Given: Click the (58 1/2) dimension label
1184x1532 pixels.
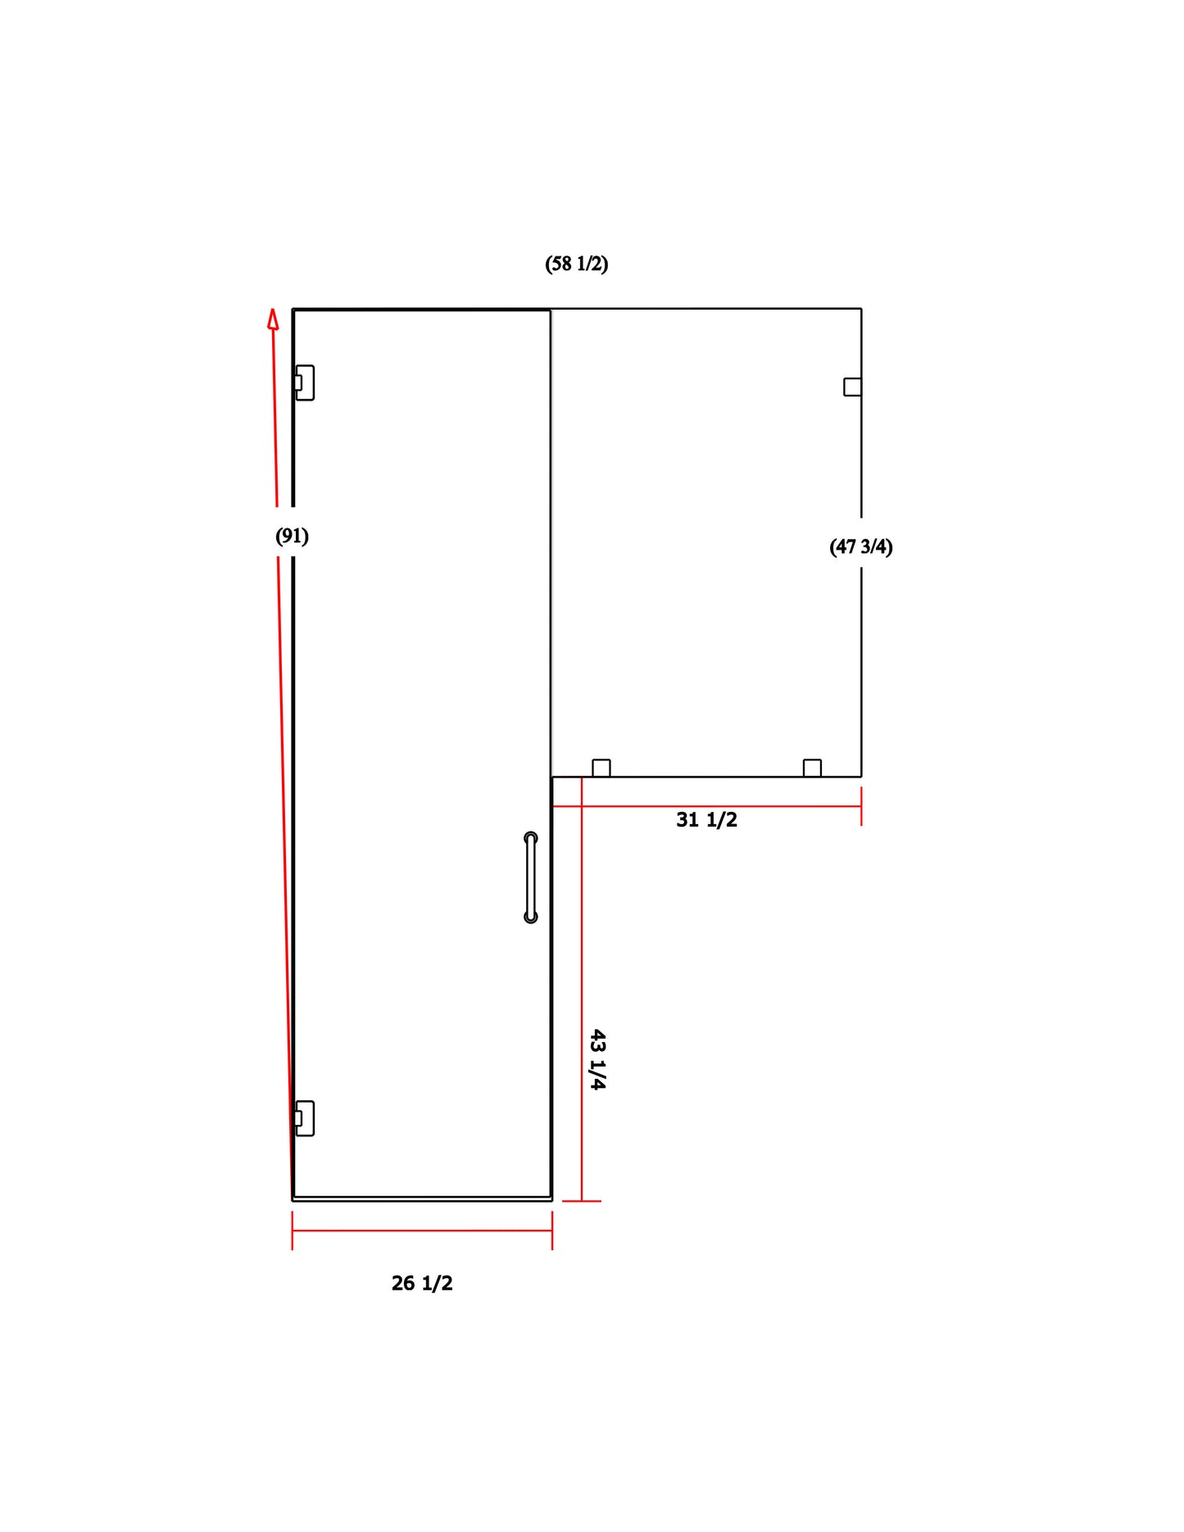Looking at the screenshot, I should pyautogui.click(x=576, y=264).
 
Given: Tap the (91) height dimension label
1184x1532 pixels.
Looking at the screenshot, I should pyautogui.click(x=292, y=537).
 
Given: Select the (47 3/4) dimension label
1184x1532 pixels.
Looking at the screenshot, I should pyautogui.click(x=860, y=546).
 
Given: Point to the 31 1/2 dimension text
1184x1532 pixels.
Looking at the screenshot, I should pyautogui.click(x=706, y=820).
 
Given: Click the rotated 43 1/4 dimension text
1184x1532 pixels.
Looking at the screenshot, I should pyautogui.click(x=598, y=1059).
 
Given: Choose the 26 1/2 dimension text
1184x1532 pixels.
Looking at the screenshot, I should pyautogui.click(x=422, y=1283).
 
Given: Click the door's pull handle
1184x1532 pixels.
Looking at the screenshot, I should pyautogui.click(x=531, y=877).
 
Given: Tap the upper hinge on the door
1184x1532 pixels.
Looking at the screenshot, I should pyautogui.click(x=304, y=383).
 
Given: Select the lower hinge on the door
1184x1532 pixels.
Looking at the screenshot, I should pyautogui.click(x=304, y=1118).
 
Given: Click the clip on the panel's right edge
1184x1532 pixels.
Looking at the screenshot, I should pyautogui.click(x=852, y=387).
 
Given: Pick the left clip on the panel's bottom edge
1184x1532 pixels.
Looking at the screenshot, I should pyautogui.click(x=601, y=768).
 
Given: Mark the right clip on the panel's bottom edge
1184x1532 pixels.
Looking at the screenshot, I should pyautogui.click(x=812, y=768).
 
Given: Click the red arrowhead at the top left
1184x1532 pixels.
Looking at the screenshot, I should pyautogui.click(x=273, y=319).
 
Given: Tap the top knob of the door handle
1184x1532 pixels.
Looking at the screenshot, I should pyautogui.click(x=531, y=838).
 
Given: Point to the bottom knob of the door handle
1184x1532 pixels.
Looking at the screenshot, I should pyautogui.click(x=531, y=917).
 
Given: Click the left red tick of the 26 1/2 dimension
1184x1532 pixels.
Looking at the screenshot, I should pyautogui.click(x=293, y=1231).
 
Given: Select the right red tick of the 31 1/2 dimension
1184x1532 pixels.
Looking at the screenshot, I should pyautogui.click(x=861, y=806).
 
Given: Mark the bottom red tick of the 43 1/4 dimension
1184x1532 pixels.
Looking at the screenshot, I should pyautogui.click(x=582, y=1201).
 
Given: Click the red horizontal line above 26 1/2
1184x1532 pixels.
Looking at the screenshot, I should pyautogui.click(x=422, y=1231).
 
